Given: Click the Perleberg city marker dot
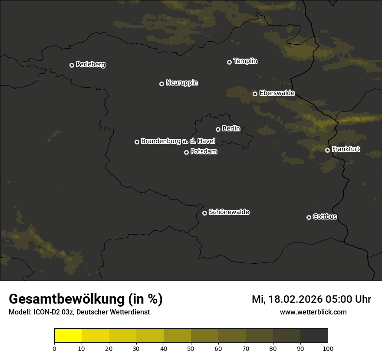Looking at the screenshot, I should (x=72, y=65).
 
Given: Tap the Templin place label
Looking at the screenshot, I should (x=245, y=61).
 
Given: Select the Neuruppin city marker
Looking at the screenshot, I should (x=161, y=84).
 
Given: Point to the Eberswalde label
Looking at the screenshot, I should (x=277, y=93).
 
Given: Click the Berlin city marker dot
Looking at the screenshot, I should (x=218, y=129).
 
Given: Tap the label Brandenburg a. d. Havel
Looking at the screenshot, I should (x=178, y=141).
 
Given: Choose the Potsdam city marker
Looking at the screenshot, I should (x=186, y=152).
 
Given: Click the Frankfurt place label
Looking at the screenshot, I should (x=346, y=149).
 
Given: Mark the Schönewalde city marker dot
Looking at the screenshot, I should (x=204, y=213).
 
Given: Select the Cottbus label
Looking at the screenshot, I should (x=325, y=217).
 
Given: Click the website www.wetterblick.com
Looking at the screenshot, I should (x=313, y=312).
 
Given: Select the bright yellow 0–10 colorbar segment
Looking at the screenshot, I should (x=68, y=336).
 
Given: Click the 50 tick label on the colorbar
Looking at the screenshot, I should (x=191, y=348).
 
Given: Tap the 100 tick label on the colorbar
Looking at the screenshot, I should (x=327, y=348).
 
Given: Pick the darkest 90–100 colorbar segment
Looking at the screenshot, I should (x=314, y=336).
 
